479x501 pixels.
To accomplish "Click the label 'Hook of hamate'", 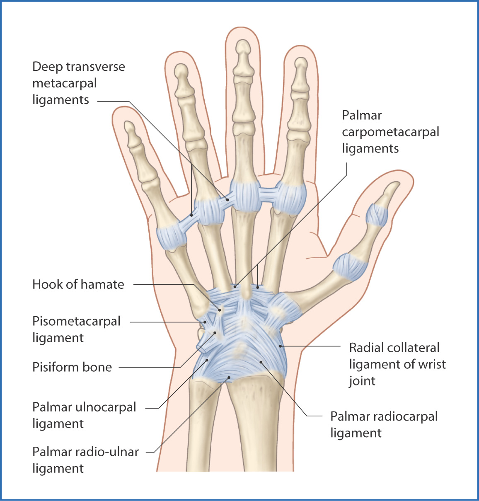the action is pyautogui.click(x=78, y=284).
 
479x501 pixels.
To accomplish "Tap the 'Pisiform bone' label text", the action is pyautogui.click(x=72, y=367).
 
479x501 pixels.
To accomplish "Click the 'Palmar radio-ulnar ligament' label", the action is pyautogui.click(x=85, y=460).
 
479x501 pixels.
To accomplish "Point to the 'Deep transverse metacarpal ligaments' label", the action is pyautogui.click(x=78, y=83).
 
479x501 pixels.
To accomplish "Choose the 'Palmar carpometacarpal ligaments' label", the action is pyautogui.click(x=390, y=132).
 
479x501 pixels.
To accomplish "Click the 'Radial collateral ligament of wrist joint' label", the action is pyautogui.click(x=397, y=364).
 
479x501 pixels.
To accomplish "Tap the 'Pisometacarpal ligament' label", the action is pyautogui.click(x=76, y=329).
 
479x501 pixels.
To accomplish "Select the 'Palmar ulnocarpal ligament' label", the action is pyautogui.click(x=84, y=415).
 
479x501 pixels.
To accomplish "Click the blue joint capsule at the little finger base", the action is pyautogui.click(x=171, y=237).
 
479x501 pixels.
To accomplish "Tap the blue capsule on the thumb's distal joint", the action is pyautogui.click(x=377, y=215).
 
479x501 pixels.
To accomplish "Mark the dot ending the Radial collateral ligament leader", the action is pyautogui.click(x=281, y=346).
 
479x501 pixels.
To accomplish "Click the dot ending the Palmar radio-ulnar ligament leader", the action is pyautogui.click(x=229, y=378).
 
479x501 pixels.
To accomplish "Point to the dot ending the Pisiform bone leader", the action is pyautogui.click(x=215, y=333).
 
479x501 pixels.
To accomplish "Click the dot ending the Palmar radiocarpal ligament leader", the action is pyautogui.click(x=261, y=362).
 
